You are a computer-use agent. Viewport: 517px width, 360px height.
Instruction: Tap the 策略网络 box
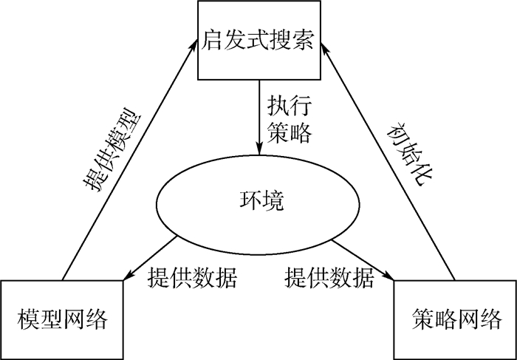[x=454, y=319]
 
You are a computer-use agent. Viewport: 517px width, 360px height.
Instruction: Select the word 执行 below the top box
[x=290, y=106]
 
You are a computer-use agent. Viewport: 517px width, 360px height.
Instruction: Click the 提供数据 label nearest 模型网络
[x=192, y=279]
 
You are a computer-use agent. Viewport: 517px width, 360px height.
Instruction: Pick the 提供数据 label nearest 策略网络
[x=329, y=279]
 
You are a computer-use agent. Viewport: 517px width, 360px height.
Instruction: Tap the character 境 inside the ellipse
[x=273, y=201]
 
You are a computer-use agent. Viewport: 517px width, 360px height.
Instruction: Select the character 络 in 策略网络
[x=490, y=320]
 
